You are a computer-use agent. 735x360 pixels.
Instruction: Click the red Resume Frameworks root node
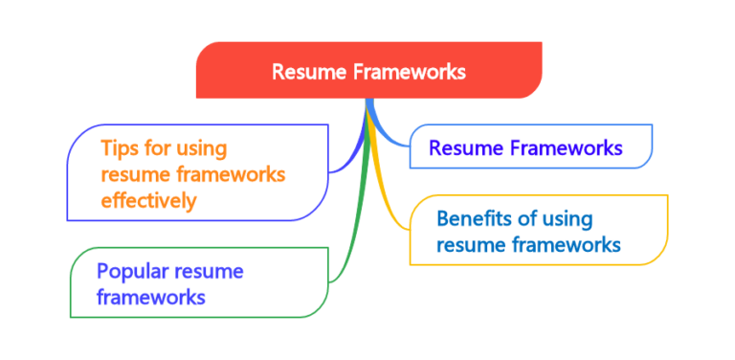coord(368,72)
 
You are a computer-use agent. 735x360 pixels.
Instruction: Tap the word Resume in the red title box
coord(300,72)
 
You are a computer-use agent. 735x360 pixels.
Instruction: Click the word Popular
coord(133,271)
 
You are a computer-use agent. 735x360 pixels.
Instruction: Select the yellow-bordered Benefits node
coord(536,231)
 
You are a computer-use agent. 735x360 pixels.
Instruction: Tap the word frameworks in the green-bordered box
coord(151,297)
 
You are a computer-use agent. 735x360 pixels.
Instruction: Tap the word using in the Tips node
coord(202,149)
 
